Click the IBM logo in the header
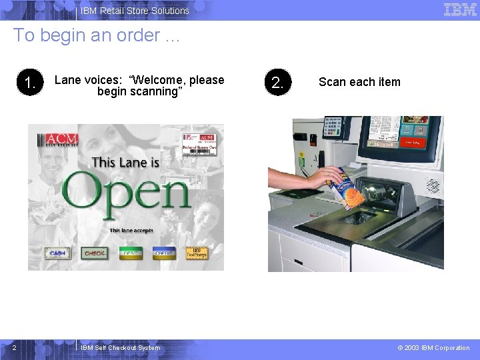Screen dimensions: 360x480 click(x=460, y=10)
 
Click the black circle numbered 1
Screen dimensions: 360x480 click(x=30, y=83)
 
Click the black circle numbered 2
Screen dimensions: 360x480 click(x=277, y=83)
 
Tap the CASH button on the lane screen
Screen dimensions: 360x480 click(x=57, y=253)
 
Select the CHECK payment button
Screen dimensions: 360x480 click(x=94, y=253)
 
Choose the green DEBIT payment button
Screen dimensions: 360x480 click(x=131, y=253)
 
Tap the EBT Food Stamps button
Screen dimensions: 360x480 click(x=197, y=253)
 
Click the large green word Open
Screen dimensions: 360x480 click(x=127, y=193)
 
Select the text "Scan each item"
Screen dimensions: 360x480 click(x=359, y=82)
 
